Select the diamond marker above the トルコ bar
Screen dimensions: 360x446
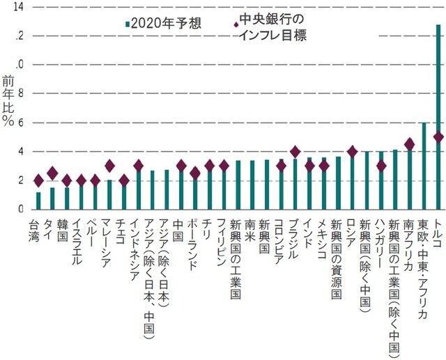point(438,137)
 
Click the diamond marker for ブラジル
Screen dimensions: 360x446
point(295,152)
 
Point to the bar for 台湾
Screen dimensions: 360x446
point(38,201)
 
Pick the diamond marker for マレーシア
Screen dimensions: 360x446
point(109,166)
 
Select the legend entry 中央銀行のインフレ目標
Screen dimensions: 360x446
point(272,26)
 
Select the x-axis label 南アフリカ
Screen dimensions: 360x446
point(408,241)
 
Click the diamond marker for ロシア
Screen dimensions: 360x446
point(352,152)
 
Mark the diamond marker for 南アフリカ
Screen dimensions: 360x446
point(409,144)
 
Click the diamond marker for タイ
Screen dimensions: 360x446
point(52,173)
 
